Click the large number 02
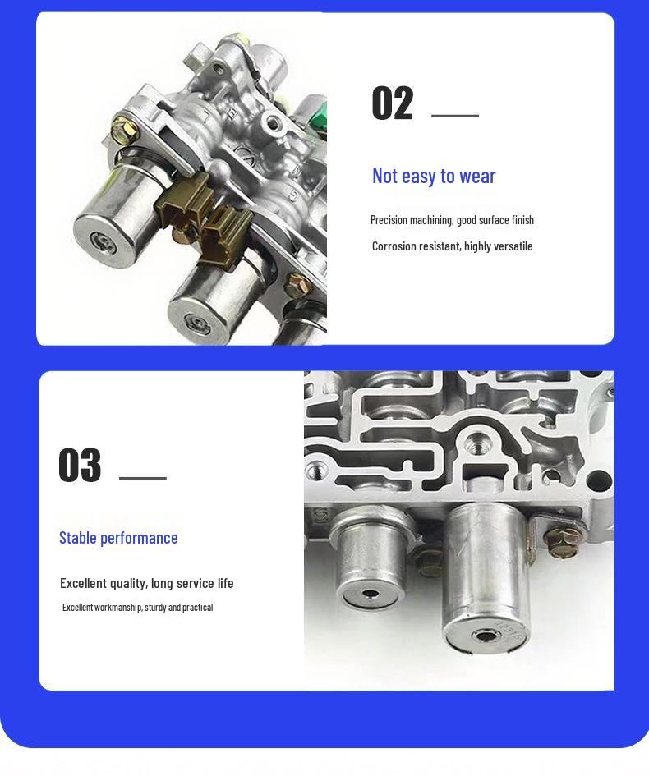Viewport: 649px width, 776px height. point(392,103)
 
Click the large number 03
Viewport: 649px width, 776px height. point(80,466)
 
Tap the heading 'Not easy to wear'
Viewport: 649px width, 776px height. point(434,177)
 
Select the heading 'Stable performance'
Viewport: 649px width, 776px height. point(118,538)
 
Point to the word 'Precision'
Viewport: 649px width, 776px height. point(389,220)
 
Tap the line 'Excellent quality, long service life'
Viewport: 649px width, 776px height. point(146,584)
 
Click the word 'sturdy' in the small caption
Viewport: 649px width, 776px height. point(155,607)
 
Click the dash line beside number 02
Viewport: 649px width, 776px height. point(455,116)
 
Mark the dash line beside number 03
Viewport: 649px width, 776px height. point(143,478)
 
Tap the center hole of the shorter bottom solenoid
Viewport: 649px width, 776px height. point(370,594)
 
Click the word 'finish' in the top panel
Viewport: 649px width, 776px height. point(522,220)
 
